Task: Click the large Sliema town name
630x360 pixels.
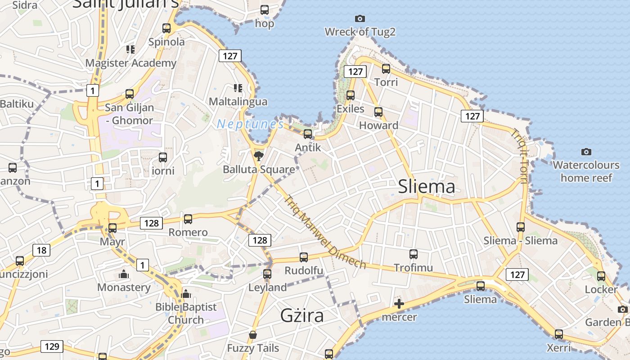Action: pyautogui.click(x=426, y=186)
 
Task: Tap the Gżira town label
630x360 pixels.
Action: pyautogui.click(x=302, y=315)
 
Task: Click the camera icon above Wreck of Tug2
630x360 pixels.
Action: pyautogui.click(x=360, y=18)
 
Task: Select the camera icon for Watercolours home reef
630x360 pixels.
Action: pyautogui.click(x=586, y=152)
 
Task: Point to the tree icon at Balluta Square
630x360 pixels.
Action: pyautogui.click(x=258, y=156)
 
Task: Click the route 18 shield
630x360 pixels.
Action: pyautogui.click(x=41, y=250)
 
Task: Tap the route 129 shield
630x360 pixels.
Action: pyautogui.click(x=52, y=346)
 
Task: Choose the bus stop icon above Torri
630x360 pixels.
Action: pyautogui.click(x=386, y=69)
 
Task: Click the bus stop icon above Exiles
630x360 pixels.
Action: pyautogui.click(x=351, y=95)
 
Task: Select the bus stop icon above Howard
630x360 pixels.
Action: pyautogui.click(x=378, y=112)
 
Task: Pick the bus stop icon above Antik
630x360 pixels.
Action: pyautogui.click(x=308, y=134)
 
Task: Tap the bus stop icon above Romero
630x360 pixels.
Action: pyautogui.click(x=188, y=219)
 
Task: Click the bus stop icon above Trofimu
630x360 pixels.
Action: pyautogui.click(x=414, y=254)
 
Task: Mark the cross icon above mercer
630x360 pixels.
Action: pyautogui.click(x=399, y=304)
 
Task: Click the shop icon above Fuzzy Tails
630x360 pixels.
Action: pyautogui.click(x=253, y=335)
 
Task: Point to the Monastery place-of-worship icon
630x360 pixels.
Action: pyautogui.click(x=124, y=274)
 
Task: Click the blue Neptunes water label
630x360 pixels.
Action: pyautogui.click(x=250, y=124)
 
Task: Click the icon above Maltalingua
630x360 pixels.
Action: pyautogui.click(x=238, y=88)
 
